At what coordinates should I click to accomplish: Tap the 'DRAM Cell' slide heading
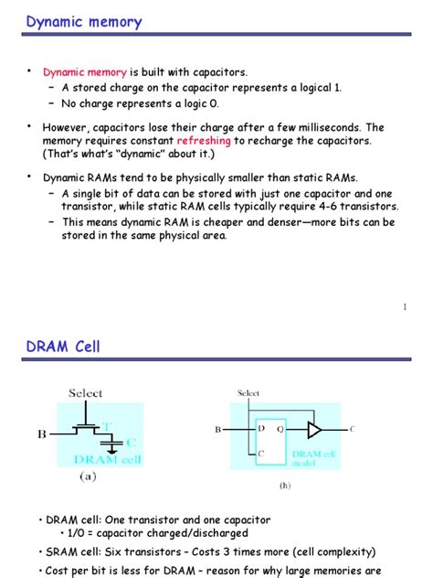63,347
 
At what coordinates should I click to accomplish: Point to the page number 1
404,307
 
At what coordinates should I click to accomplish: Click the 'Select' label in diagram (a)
86,393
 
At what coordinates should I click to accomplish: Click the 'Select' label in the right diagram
248,393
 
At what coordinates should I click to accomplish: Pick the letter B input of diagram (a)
41,435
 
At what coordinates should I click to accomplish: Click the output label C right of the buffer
353,428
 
